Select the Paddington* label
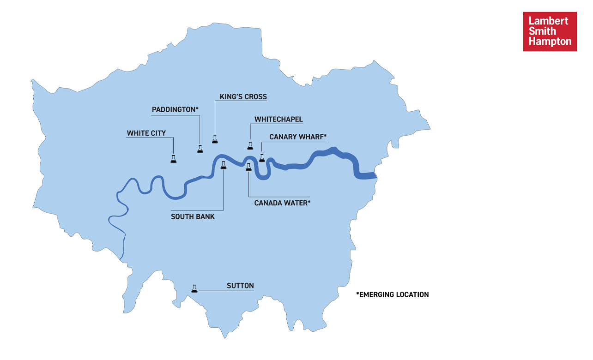(x=175, y=109)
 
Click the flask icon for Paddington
(x=200, y=149)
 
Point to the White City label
(x=146, y=133)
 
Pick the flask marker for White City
(x=173, y=159)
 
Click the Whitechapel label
(x=278, y=120)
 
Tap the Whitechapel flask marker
(x=250, y=146)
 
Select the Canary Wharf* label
(x=297, y=137)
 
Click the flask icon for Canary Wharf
(x=262, y=158)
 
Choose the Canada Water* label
(x=282, y=203)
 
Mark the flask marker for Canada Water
(x=248, y=167)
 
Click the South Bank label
(x=193, y=216)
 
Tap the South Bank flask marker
(x=224, y=165)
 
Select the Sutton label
(x=240, y=286)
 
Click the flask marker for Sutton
(x=194, y=288)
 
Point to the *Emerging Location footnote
(x=393, y=294)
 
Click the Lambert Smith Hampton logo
(x=550, y=31)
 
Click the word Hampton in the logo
(x=550, y=42)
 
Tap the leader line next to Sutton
(x=226, y=290)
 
